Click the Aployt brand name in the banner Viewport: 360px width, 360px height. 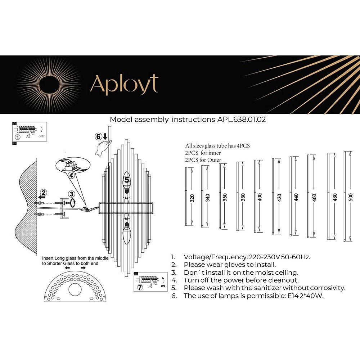[x=124, y=85]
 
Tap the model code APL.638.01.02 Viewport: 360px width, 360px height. [x=242, y=120]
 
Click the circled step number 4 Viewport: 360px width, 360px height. [x=72, y=175]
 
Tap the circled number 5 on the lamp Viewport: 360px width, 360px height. [x=126, y=179]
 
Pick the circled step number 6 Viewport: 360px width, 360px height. [x=98, y=137]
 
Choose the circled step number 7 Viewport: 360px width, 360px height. [x=140, y=287]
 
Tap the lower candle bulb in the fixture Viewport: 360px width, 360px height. [x=126, y=233]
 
